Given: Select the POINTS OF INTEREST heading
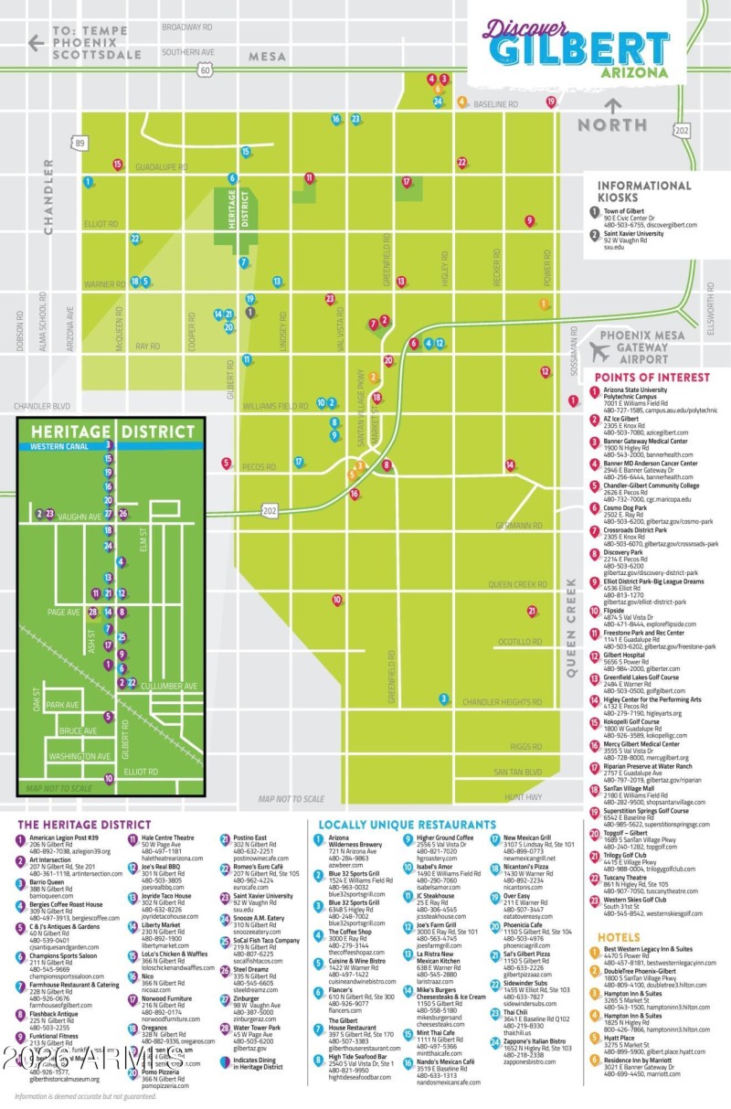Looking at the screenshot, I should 652,377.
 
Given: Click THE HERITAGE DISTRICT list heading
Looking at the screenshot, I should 78,825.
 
